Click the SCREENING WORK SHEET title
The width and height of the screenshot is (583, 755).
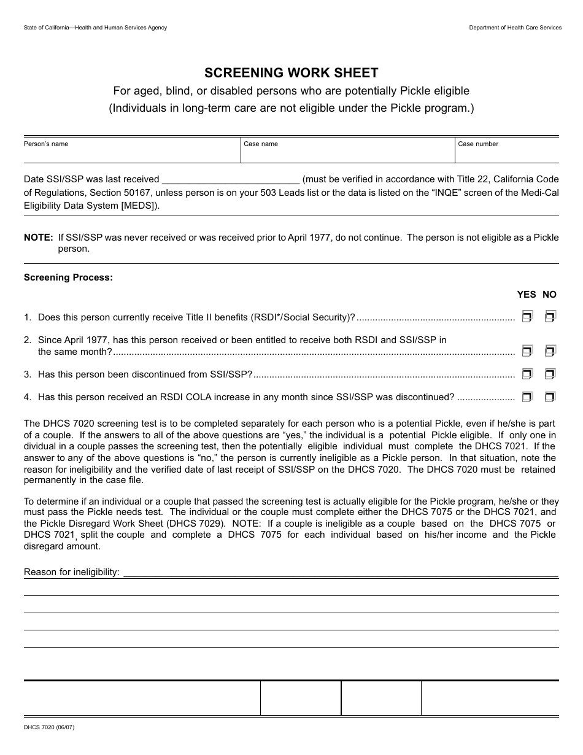point(291,73)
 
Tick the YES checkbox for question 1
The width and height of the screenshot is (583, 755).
point(527,317)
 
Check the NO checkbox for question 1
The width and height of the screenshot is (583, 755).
point(550,317)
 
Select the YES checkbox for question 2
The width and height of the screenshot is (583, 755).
point(527,351)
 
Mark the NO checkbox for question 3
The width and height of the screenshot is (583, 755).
point(550,374)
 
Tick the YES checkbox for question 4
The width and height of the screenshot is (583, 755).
point(527,397)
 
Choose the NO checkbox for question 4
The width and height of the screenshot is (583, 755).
point(550,397)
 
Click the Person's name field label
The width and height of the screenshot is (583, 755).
point(46,144)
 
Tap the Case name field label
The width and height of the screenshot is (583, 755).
point(261,144)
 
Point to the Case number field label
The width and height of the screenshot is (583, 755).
point(478,144)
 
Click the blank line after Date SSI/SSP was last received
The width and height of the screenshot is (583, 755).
point(230,180)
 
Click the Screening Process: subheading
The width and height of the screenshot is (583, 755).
point(68,277)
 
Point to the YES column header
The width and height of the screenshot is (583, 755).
point(527,295)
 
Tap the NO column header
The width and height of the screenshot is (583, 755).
point(550,295)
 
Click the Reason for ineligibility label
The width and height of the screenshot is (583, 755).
point(71,572)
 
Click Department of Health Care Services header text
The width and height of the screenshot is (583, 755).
point(515,28)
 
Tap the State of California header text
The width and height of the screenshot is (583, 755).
point(95,28)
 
